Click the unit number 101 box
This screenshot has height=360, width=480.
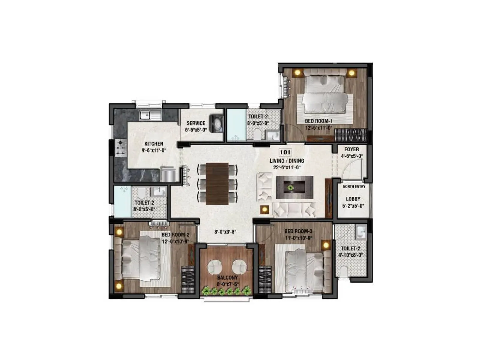pyautogui.click(x=285, y=152)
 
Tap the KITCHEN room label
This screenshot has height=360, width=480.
pyautogui.click(x=154, y=144)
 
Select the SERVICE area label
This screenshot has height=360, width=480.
pyautogui.click(x=196, y=123)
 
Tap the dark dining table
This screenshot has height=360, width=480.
pyautogui.click(x=217, y=184)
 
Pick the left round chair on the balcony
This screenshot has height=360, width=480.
pyautogui.click(x=215, y=267)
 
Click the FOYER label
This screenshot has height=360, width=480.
pyautogui.click(x=352, y=149)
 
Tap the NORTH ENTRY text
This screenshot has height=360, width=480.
pyautogui.click(x=354, y=187)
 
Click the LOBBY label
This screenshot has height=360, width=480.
pyautogui.click(x=353, y=199)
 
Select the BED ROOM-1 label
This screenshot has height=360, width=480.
pyautogui.click(x=319, y=121)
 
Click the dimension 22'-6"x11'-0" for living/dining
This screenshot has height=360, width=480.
pyautogui.click(x=286, y=168)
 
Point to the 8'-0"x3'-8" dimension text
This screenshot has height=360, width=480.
pyautogui.click(x=226, y=232)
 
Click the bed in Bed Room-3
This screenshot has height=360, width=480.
pyautogui.click(x=304, y=268)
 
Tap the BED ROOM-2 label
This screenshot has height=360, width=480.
pyautogui.click(x=175, y=235)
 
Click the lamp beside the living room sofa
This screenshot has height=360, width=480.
pyautogui.click(x=264, y=210)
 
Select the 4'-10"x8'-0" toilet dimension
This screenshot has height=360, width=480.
pyautogui.click(x=350, y=255)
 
